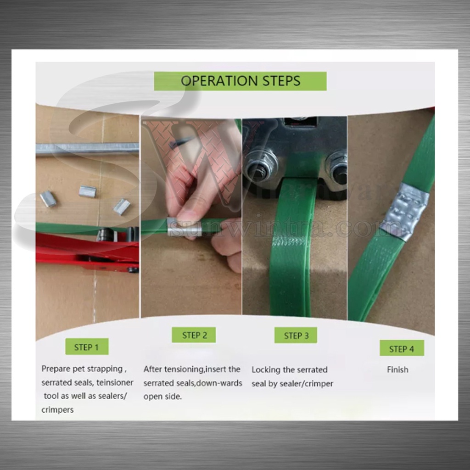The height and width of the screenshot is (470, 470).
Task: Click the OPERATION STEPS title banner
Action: [240, 81]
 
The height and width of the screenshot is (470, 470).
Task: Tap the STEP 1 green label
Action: [87, 347]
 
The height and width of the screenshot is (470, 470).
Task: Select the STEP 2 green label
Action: [194, 335]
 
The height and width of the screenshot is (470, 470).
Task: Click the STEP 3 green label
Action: [296, 335]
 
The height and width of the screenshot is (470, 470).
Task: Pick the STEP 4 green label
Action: [402, 348]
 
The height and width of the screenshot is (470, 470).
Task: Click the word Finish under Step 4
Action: [397, 369]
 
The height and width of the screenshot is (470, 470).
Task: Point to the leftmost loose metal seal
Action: [48, 199]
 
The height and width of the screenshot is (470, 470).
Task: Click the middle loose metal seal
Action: [88, 191]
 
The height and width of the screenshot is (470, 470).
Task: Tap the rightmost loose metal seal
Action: [122, 207]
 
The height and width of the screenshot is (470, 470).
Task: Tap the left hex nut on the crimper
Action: [260, 166]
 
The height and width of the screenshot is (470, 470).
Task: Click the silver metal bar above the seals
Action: [87, 149]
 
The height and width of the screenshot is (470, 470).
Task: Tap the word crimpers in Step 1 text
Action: [57, 410]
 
